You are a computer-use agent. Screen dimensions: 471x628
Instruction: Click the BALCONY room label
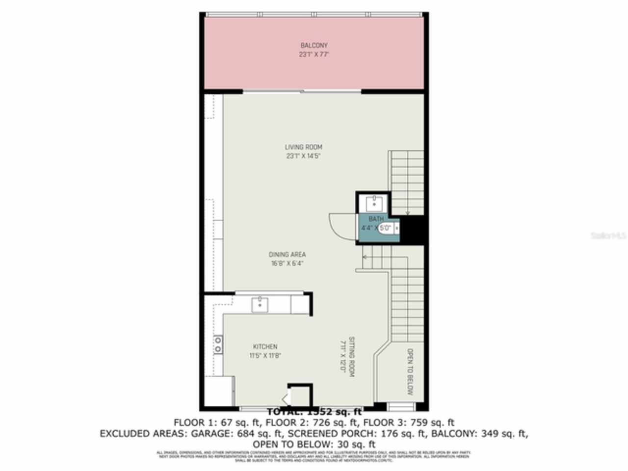click(x=314, y=46)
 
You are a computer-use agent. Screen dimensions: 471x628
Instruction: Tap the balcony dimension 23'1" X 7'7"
click(x=314, y=54)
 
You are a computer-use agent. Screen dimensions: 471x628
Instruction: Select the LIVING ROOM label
click(x=304, y=147)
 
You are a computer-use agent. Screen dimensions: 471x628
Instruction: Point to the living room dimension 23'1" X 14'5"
click(x=304, y=156)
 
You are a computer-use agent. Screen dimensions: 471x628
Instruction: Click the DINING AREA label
click(x=287, y=255)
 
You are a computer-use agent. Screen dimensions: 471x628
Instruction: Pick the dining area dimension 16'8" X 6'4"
click(x=287, y=263)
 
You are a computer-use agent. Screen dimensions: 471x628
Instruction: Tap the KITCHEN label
click(x=265, y=347)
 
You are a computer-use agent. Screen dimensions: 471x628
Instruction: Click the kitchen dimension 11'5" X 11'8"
click(x=265, y=356)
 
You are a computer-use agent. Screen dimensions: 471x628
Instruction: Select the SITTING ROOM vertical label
click(x=351, y=357)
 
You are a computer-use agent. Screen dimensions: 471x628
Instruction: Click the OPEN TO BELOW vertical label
click(x=410, y=372)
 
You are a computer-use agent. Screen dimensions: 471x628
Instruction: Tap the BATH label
click(x=376, y=219)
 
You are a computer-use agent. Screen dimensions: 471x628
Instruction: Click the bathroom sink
click(x=374, y=203)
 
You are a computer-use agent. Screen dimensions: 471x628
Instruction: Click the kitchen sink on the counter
click(x=260, y=304)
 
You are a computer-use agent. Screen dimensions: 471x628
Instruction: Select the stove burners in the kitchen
click(x=217, y=344)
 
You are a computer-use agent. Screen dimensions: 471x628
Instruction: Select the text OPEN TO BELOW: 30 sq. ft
click(x=314, y=445)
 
